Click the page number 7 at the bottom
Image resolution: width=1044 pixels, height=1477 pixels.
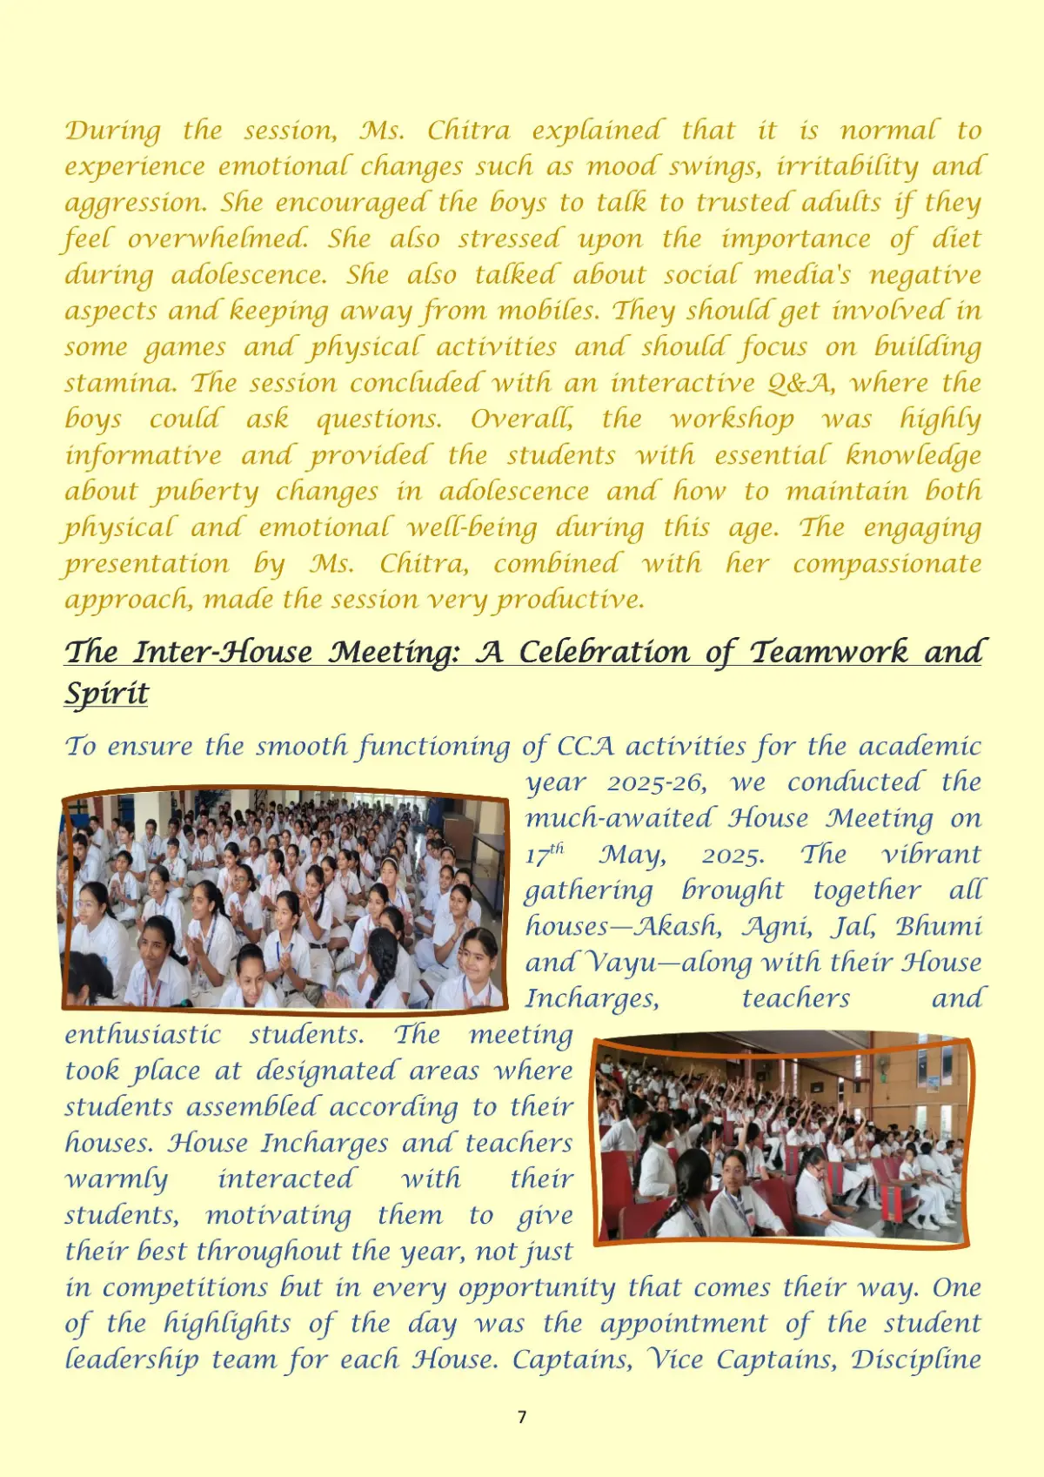522,1417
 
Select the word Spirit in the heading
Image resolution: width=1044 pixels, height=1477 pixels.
106,694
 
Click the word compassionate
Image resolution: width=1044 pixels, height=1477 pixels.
887,564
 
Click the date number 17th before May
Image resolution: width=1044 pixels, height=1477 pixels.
543,854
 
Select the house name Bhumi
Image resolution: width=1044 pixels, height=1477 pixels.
938,926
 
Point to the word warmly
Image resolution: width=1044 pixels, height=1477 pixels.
117,1179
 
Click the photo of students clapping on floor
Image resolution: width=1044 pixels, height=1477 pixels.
284,901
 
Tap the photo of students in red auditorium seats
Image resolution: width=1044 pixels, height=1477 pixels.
781,1140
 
